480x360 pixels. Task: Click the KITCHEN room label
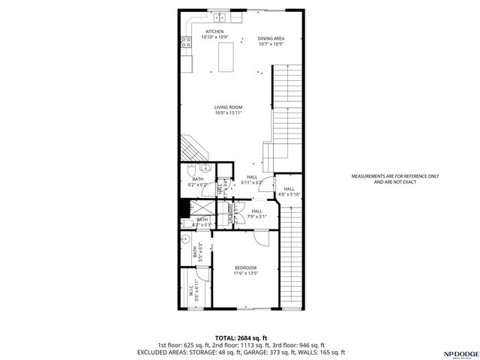(214, 31)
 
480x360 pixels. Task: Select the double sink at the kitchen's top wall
(219, 17)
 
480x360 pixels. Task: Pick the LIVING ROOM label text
(229, 107)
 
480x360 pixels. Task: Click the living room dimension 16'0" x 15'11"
(229, 113)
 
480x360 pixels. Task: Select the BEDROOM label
(245, 268)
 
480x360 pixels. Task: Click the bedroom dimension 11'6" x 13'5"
(245, 274)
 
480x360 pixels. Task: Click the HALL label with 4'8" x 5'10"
(289, 189)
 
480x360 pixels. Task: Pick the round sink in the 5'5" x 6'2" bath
(185, 240)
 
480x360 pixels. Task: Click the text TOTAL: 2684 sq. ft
(240, 337)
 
